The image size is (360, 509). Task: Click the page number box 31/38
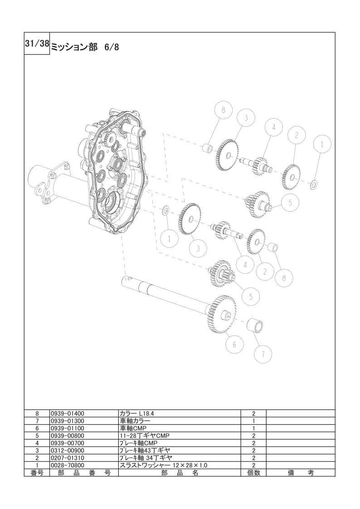coord(37,44)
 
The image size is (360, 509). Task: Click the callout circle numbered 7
coord(263,354)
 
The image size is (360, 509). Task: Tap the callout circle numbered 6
coord(235,344)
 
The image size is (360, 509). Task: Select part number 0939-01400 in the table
coord(67,413)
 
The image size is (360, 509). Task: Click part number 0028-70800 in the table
coord(67,465)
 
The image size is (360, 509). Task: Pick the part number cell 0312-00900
coord(67,450)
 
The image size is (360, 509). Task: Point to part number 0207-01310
coord(67,458)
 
